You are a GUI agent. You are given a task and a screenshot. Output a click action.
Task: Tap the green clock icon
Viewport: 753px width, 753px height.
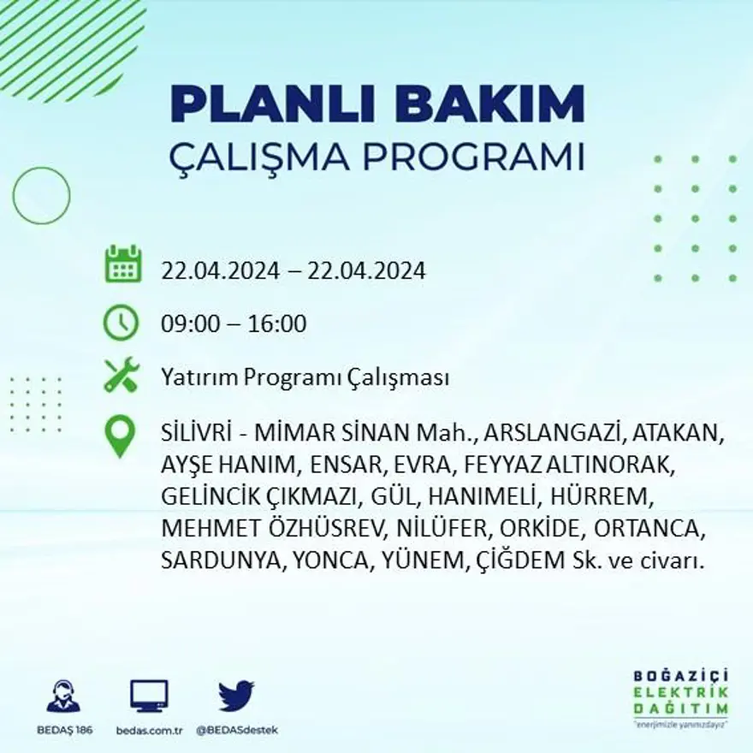121,323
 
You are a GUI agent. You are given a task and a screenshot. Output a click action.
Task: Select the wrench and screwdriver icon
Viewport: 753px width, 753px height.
122,375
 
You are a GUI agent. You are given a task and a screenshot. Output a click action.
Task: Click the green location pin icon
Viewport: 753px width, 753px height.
120,435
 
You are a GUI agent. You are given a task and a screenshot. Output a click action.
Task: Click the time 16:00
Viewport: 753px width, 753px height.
278,324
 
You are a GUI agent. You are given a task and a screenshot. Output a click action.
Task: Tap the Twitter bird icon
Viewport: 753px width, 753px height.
236,696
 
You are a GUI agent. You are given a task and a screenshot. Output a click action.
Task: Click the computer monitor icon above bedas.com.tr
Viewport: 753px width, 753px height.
149,696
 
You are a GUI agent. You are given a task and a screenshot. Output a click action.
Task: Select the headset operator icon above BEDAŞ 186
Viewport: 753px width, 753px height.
63,696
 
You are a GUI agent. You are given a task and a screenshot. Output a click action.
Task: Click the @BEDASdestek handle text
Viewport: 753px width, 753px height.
237,730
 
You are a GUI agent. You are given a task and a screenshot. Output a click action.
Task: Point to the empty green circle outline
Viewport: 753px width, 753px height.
41,195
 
